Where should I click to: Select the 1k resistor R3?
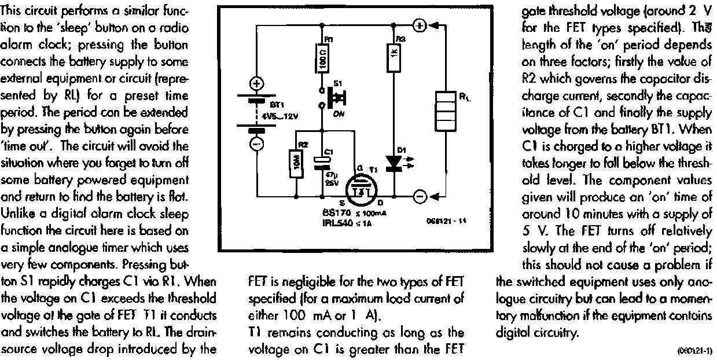pos(394,57)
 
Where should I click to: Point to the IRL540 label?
pos(336,221)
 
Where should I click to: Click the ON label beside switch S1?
pos(339,114)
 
